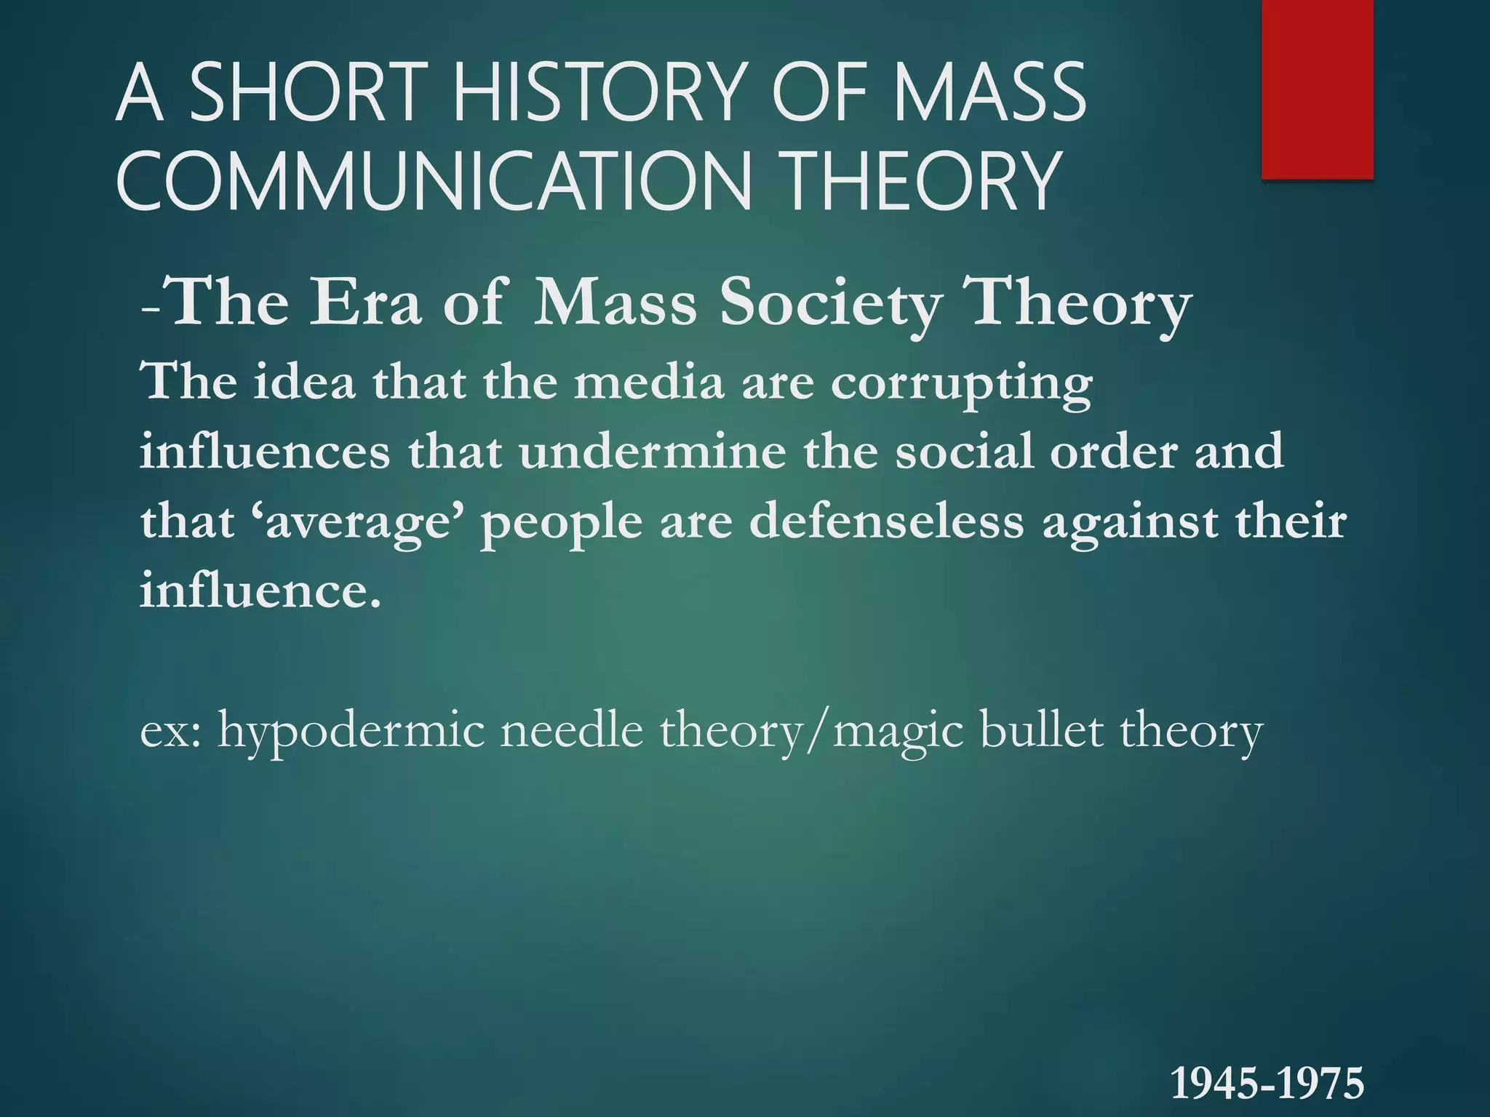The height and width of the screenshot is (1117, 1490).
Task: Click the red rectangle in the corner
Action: (1317, 89)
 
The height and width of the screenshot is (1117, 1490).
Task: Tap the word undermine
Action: (653, 452)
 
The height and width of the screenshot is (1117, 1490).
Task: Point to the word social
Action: (962, 452)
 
